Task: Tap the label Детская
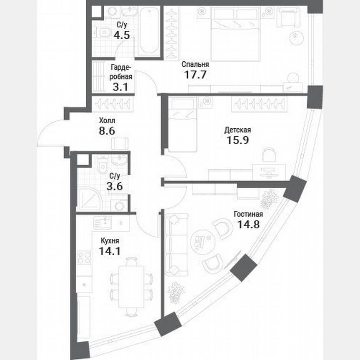coord(237,130)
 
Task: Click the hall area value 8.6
coord(107,131)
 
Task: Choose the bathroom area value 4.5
coord(122,35)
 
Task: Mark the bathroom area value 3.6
coord(115,187)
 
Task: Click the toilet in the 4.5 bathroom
coord(102,32)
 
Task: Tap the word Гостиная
coord(248,214)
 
